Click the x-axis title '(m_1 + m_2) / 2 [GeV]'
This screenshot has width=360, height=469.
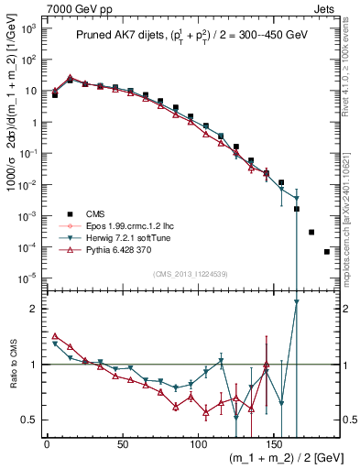[276, 458]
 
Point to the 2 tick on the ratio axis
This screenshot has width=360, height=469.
[35, 309]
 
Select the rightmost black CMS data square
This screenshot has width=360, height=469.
[327, 251]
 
